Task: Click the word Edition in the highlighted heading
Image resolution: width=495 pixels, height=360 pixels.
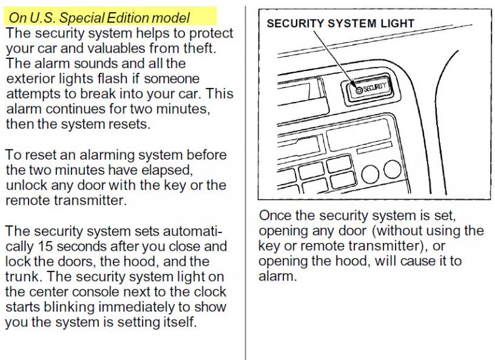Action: [x=128, y=18]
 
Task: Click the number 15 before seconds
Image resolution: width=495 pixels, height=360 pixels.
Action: [x=45, y=246]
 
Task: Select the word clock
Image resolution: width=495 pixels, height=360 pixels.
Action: [x=210, y=292]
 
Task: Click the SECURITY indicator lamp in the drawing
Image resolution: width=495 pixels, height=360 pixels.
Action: [x=359, y=90]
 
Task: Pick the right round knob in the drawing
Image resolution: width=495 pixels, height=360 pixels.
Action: [x=392, y=169]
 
